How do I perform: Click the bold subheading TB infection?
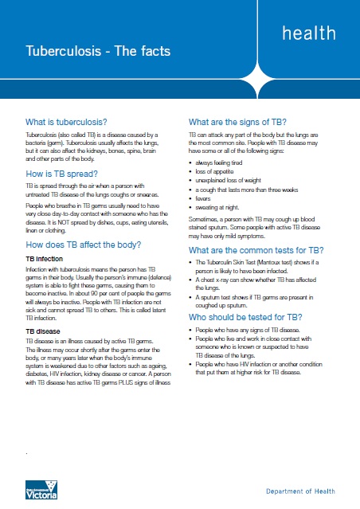[45, 237]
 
